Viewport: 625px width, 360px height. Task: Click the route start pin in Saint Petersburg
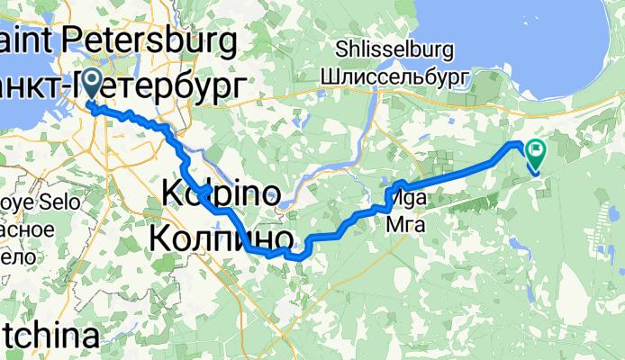tap(93, 88)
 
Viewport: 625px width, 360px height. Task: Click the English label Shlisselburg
tap(393, 49)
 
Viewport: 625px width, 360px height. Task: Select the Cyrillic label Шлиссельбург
tap(394, 77)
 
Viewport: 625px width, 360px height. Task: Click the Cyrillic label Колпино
tap(221, 238)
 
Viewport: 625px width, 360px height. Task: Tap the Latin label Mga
tap(404, 198)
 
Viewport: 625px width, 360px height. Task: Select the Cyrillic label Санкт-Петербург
tap(122, 85)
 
